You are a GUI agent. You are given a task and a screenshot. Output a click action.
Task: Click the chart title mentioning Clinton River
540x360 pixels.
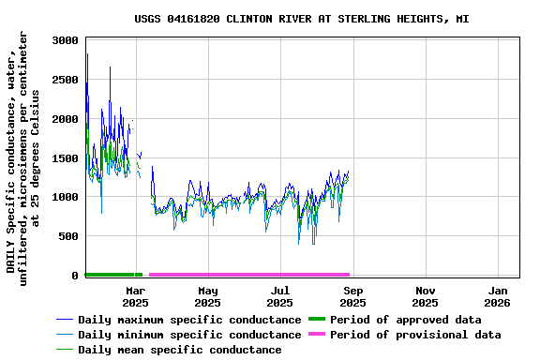click(x=301, y=19)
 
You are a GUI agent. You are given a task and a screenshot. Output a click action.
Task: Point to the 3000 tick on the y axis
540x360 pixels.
click(x=65, y=40)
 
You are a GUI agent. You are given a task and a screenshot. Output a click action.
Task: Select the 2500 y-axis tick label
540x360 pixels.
click(x=65, y=80)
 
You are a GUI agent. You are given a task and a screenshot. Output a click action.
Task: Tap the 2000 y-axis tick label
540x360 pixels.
click(x=65, y=119)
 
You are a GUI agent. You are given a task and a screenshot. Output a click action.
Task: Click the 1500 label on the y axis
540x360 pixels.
click(x=65, y=158)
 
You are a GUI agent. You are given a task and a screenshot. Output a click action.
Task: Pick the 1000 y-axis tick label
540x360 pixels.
click(x=65, y=197)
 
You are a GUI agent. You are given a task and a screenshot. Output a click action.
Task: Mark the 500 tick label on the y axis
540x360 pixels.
click(x=68, y=236)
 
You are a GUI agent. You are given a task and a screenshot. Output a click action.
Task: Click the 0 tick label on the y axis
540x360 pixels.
click(x=75, y=276)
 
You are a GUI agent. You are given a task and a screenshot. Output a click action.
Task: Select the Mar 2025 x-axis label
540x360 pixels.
click(x=136, y=296)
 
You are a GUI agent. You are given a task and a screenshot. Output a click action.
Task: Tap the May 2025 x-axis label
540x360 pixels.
click(x=208, y=296)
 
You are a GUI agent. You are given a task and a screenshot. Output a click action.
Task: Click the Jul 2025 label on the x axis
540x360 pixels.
click(x=280, y=296)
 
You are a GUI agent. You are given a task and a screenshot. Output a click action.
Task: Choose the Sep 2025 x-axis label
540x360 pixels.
click(x=353, y=296)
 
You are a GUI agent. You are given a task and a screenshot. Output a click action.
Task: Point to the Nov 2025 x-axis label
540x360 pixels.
click(x=426, y=296)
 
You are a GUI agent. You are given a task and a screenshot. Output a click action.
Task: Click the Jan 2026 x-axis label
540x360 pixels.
click(x=498, y=296)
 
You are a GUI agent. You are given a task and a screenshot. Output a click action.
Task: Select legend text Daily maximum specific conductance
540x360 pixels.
click(x=189, y=320)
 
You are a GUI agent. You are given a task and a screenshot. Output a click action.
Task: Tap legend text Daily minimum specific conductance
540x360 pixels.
click(x=189, y=335)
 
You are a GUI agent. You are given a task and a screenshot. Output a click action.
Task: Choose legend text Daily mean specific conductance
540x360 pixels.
click(x=179, y=350)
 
